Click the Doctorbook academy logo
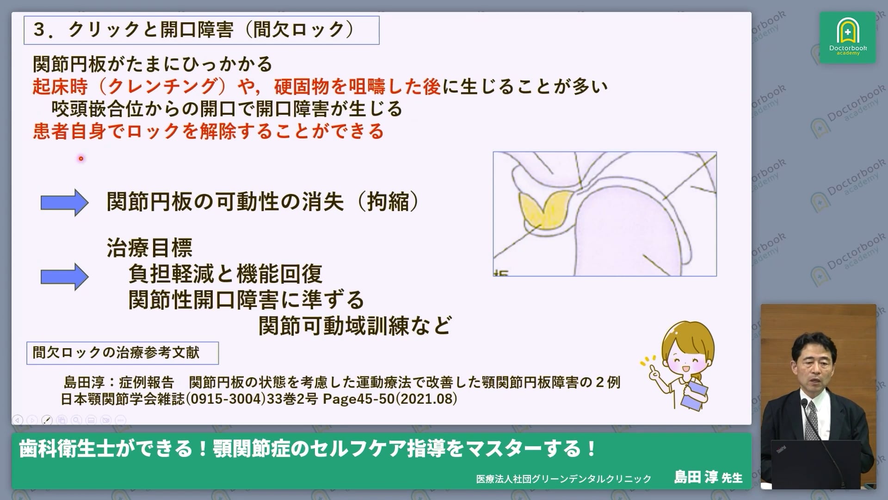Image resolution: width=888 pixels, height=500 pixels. [x=847, y=37]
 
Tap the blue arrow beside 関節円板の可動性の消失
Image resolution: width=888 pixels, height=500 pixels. [x=64, y=202]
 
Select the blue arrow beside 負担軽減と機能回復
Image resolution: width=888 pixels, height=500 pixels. [x=64, y=276]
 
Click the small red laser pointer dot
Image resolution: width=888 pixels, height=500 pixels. [x=81, y=158]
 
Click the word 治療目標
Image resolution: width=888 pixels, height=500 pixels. [x=149, y=248]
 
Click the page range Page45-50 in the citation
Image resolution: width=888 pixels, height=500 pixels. [x=358, y=399]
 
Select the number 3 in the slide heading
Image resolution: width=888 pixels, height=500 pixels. [x=39, y=30]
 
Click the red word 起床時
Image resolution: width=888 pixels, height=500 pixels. [x=60, y=87]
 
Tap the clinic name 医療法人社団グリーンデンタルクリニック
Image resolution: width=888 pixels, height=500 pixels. [x=564, y=479]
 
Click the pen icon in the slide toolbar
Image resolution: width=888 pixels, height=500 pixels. [x=47, y=420]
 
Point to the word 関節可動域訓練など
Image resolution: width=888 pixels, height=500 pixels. [x=355, y=326]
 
